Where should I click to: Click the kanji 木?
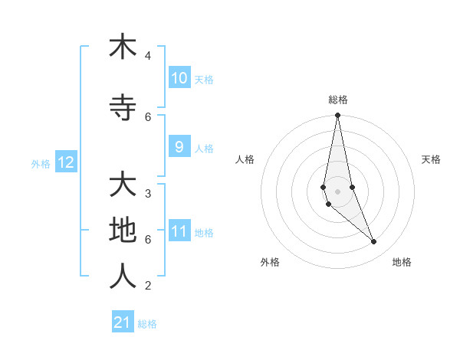tap(122, 47)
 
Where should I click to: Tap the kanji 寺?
tap(122, 109)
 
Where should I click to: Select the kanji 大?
tap(122, 185)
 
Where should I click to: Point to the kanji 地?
tap(122, 231)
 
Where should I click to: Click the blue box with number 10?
tap(179, 78)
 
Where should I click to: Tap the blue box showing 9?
tap(179, 147)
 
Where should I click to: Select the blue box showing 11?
tap(179, 232)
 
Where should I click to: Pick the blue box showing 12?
tap(65, 162)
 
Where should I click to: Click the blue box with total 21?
tap(123, 322)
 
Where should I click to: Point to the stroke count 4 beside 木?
tap(148, 56)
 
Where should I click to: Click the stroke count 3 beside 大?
tap(148, 193)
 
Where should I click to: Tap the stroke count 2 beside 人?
tap(148, 286)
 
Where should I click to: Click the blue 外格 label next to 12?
tap(41, 163)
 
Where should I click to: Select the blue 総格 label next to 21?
tap(147, 323)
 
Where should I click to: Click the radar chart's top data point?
tap(337, 116)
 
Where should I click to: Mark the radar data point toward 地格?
tap(374, 242)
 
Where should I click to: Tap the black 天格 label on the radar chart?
tap(431, 159)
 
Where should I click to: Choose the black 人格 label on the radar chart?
tap(245, 159)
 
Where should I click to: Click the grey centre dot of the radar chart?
tap(337, 191)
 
